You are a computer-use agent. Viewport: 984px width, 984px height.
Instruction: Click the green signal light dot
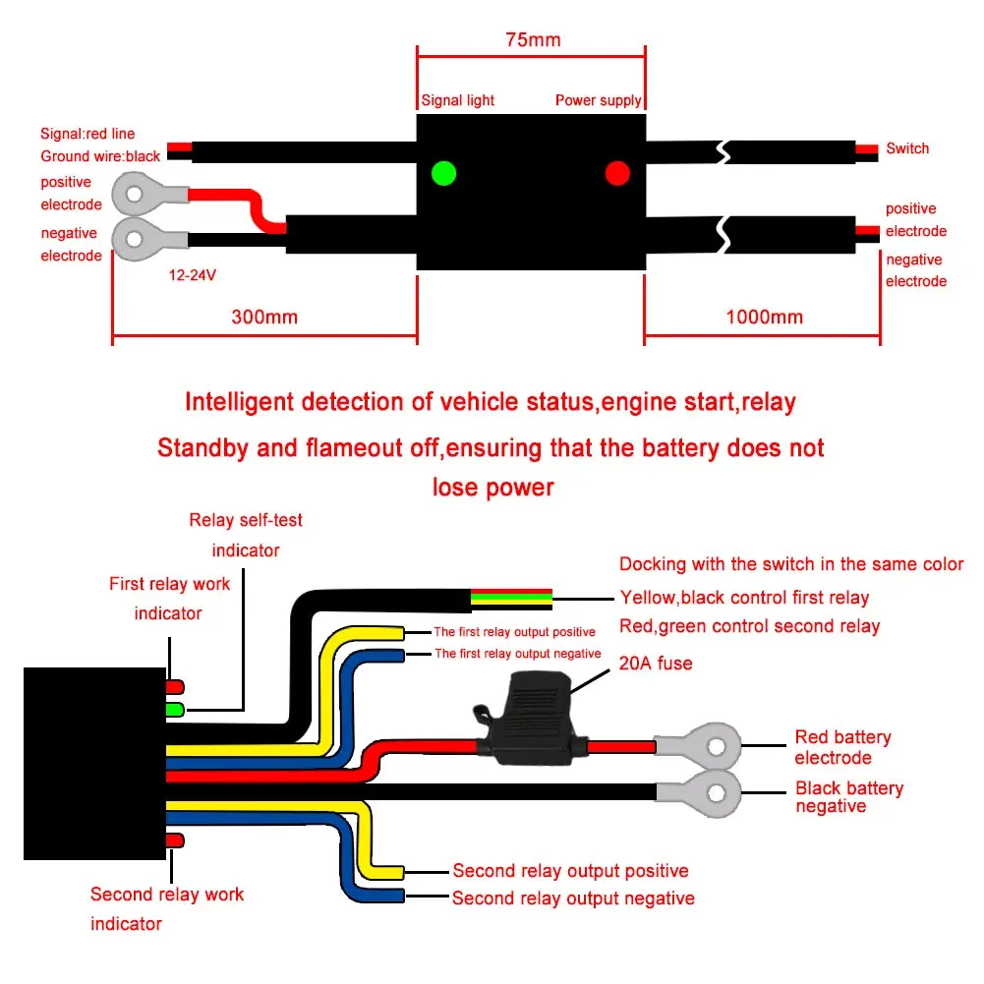443,173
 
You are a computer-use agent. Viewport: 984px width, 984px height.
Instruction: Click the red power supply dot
617,173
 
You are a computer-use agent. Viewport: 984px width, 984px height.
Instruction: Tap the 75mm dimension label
533,39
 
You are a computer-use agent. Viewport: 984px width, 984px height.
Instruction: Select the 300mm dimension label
264,317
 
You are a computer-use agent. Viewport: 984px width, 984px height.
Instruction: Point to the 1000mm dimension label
765,317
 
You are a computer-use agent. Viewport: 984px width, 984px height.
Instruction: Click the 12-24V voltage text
192,275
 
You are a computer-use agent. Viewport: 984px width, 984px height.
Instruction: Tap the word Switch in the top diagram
907,148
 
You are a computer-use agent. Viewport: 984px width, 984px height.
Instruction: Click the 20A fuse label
656,664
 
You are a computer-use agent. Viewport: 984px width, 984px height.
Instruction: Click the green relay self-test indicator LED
175,710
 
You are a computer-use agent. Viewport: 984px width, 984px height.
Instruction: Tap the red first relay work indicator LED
175,686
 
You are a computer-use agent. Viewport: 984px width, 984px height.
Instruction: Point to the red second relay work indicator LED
175,840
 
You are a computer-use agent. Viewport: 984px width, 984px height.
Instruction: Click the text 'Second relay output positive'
570,871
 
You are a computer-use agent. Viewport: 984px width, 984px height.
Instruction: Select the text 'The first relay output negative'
518,654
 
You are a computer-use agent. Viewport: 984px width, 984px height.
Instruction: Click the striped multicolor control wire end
511,600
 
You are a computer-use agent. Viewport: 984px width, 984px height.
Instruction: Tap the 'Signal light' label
457,100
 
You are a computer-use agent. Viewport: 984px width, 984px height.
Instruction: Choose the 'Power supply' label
598,100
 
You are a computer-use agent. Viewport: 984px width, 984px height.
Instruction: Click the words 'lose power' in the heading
493,488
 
